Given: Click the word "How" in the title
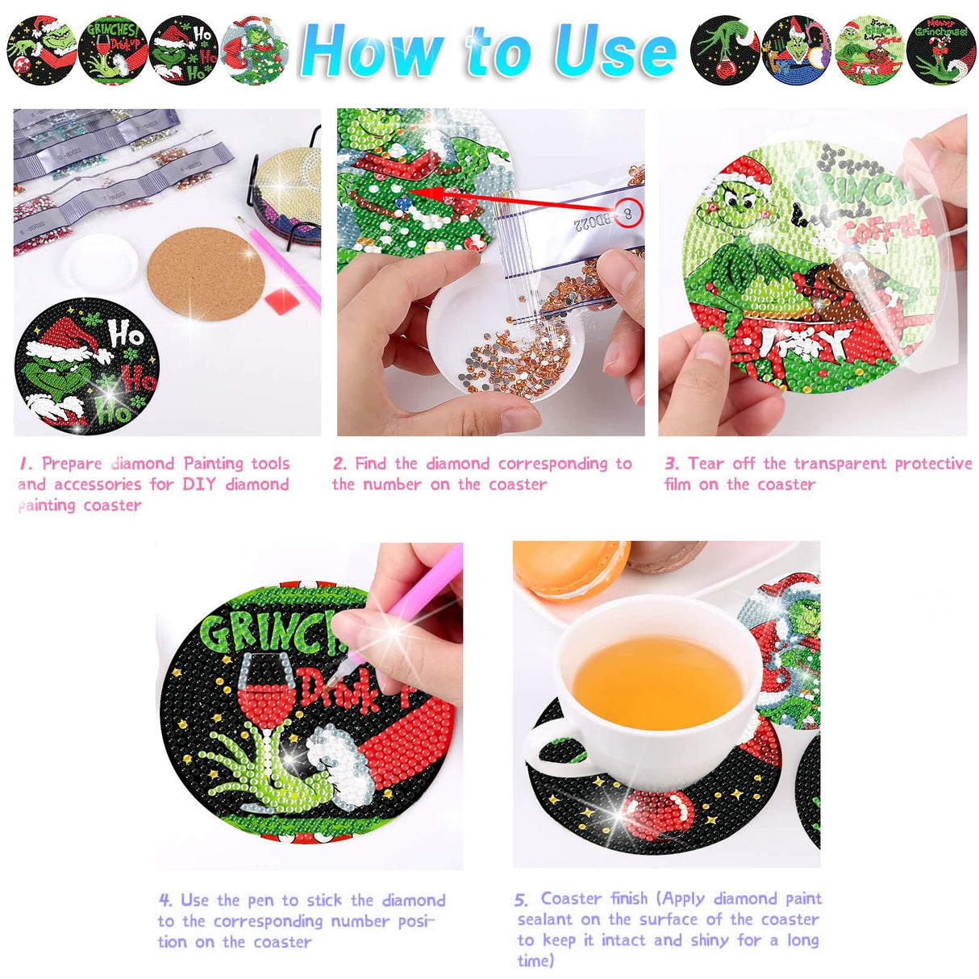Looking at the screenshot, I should tap(373, 51).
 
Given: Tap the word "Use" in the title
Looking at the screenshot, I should tap(614, 51).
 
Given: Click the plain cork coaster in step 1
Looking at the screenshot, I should tap(206, 273).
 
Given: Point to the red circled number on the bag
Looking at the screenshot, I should tap(629, 213).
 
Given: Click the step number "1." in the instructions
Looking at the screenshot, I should tap(26, 464).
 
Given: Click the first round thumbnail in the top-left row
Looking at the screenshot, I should tap(42, 50).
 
